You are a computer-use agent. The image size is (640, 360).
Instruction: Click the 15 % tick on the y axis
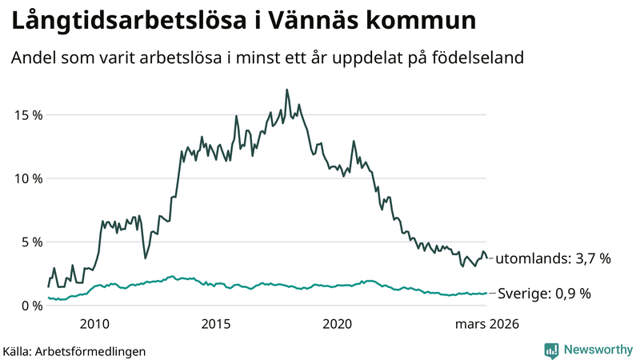(x=29, y=114)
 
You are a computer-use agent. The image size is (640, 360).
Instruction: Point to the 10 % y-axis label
(x=29, y=178)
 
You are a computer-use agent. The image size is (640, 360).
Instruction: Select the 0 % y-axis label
(x=33, y=305)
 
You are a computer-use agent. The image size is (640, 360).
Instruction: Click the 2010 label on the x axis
(x=95, y=324)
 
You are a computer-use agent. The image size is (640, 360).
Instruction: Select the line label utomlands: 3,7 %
(x=554, y=258)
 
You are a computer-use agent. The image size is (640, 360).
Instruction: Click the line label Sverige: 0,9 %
(x=544, y=294)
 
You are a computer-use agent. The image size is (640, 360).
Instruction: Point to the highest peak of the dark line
(x=286, y=90)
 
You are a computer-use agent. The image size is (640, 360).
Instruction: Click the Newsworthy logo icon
(x=552, y=350)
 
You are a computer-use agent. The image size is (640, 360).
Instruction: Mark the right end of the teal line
(x=486, y=293)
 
